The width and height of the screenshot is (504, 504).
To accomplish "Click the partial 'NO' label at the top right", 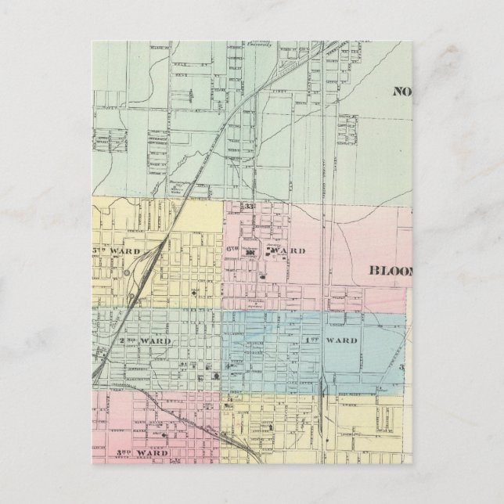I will point(401,91).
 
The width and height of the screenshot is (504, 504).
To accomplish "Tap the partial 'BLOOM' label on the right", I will point(389,271).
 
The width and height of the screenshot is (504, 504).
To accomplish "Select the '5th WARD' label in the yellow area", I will point(118,251).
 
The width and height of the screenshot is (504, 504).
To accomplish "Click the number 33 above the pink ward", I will point(250,206).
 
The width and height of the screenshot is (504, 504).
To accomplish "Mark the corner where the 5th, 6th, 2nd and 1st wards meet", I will point(223,310).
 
